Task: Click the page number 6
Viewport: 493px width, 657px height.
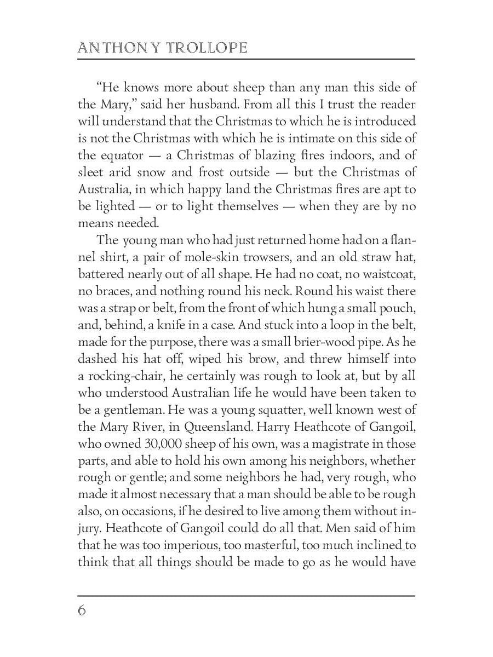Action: pyautogui.click(x=82, y=610)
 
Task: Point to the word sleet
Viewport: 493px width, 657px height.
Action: pyautogui.click(x=90, y=172)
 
